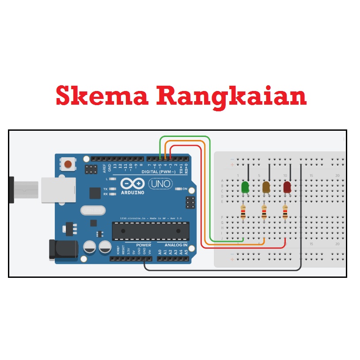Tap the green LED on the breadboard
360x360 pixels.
[245, 187]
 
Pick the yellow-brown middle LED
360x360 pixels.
[266, 187]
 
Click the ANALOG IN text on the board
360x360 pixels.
[176, 245]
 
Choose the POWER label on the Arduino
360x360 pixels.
[144, 245]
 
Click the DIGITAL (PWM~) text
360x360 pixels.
[159, 171]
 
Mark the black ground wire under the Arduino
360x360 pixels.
[221, 269]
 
